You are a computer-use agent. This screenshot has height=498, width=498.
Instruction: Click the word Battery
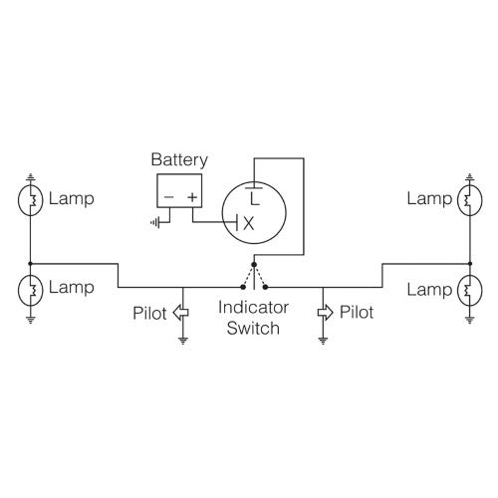178,159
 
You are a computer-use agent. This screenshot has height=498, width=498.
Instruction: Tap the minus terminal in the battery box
168,196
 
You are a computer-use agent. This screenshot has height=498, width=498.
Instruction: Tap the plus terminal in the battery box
191,196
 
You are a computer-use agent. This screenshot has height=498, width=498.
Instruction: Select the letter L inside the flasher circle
255,199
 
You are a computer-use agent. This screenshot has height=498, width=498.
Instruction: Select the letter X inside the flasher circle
249,224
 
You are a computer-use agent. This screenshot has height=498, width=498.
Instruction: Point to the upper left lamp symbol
31,199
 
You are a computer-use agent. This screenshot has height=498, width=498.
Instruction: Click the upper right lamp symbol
467,199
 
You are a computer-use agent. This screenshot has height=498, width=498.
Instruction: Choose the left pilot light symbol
181,312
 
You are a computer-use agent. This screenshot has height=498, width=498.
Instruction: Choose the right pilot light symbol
324,312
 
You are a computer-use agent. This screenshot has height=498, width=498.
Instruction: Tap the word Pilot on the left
151,312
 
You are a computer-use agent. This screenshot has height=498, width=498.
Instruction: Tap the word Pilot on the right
357,312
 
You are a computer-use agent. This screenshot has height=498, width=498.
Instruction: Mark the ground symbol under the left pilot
182,340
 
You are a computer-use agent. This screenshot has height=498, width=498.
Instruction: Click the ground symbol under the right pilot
324,340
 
